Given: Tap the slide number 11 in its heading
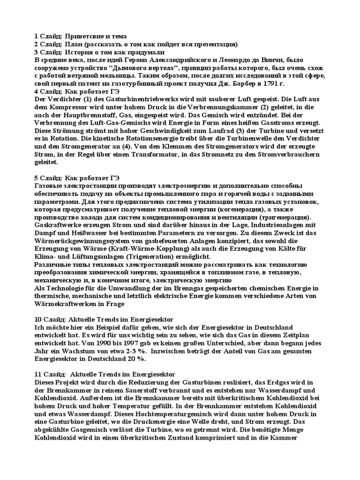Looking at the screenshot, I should pos(39,375).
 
